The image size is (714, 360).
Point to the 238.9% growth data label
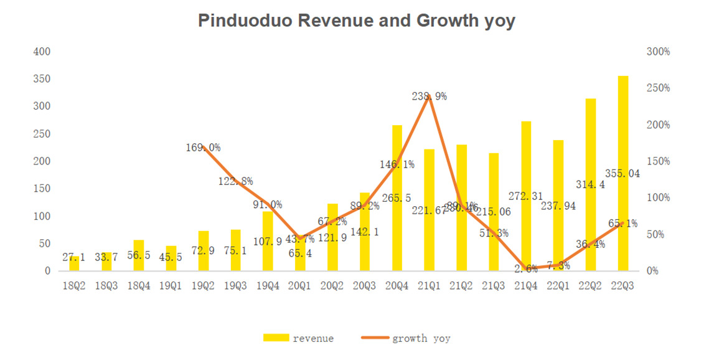tap(430, 97)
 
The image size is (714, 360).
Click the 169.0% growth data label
tap(203, 148)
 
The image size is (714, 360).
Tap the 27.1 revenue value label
tap(75, 257)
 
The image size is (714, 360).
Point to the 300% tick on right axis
tap(659, 52)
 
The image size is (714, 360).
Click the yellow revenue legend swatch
tap(276, 338)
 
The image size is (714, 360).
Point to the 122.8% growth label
tap(235, 181)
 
